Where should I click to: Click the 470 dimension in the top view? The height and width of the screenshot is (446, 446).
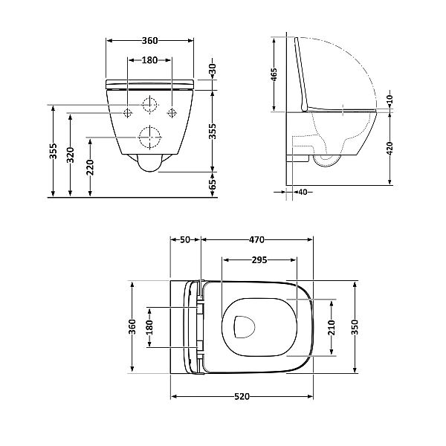click(256, 240)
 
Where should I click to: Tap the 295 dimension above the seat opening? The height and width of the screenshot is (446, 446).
click(259, 261)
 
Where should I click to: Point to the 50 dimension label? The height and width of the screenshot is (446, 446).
click(185, 240)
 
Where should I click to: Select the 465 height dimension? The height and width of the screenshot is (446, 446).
click(274, 74)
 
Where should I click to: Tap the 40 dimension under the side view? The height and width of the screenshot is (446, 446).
click(301, 192)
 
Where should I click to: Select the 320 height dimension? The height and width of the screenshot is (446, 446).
click(71, 154)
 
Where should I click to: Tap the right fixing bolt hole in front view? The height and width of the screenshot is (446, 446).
click(172, 112)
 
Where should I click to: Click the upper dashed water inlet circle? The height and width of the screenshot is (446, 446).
click(150, 106)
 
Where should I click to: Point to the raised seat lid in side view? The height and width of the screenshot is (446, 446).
click(302, 74)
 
